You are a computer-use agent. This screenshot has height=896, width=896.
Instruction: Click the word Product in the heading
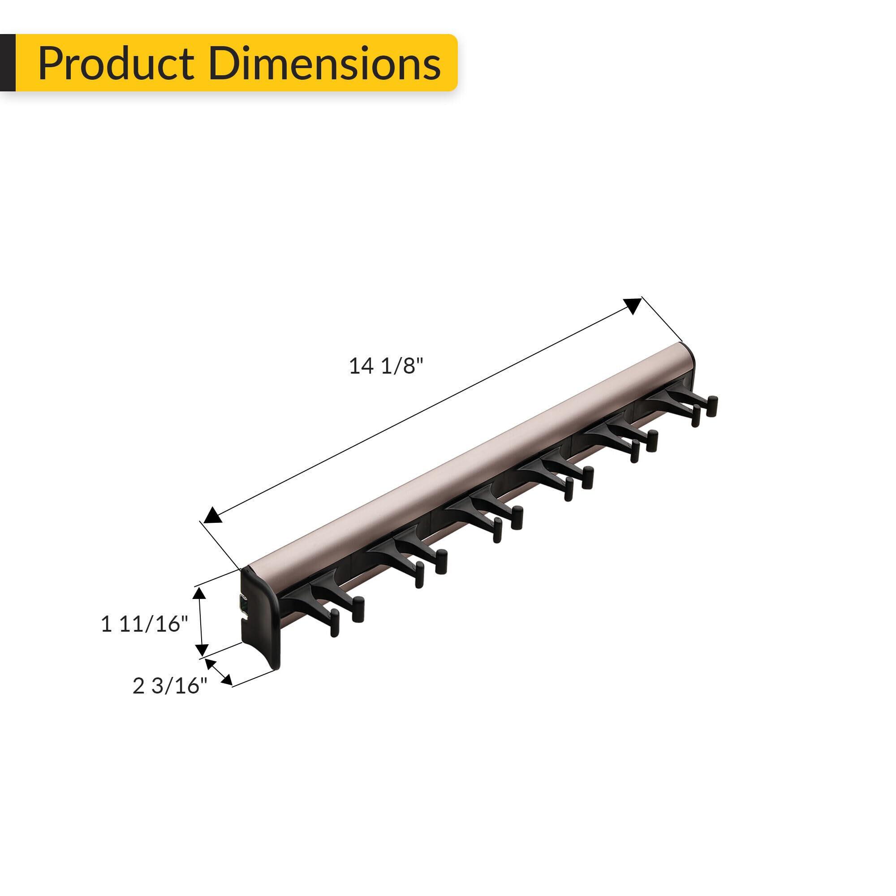coord(116,64)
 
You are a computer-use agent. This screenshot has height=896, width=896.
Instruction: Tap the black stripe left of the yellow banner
coord(8,63)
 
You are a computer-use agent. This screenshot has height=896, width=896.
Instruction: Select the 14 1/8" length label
coord(386,366)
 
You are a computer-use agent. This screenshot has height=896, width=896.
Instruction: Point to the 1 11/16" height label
coord(145,624)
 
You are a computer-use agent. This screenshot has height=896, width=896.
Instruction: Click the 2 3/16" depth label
coord(170,686)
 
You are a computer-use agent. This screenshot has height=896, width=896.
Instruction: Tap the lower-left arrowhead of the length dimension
coord(212,515)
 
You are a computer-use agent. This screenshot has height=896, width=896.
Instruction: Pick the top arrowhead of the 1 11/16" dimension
coord(199,593)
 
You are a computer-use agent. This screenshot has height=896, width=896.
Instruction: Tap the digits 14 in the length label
coord(361,366)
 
